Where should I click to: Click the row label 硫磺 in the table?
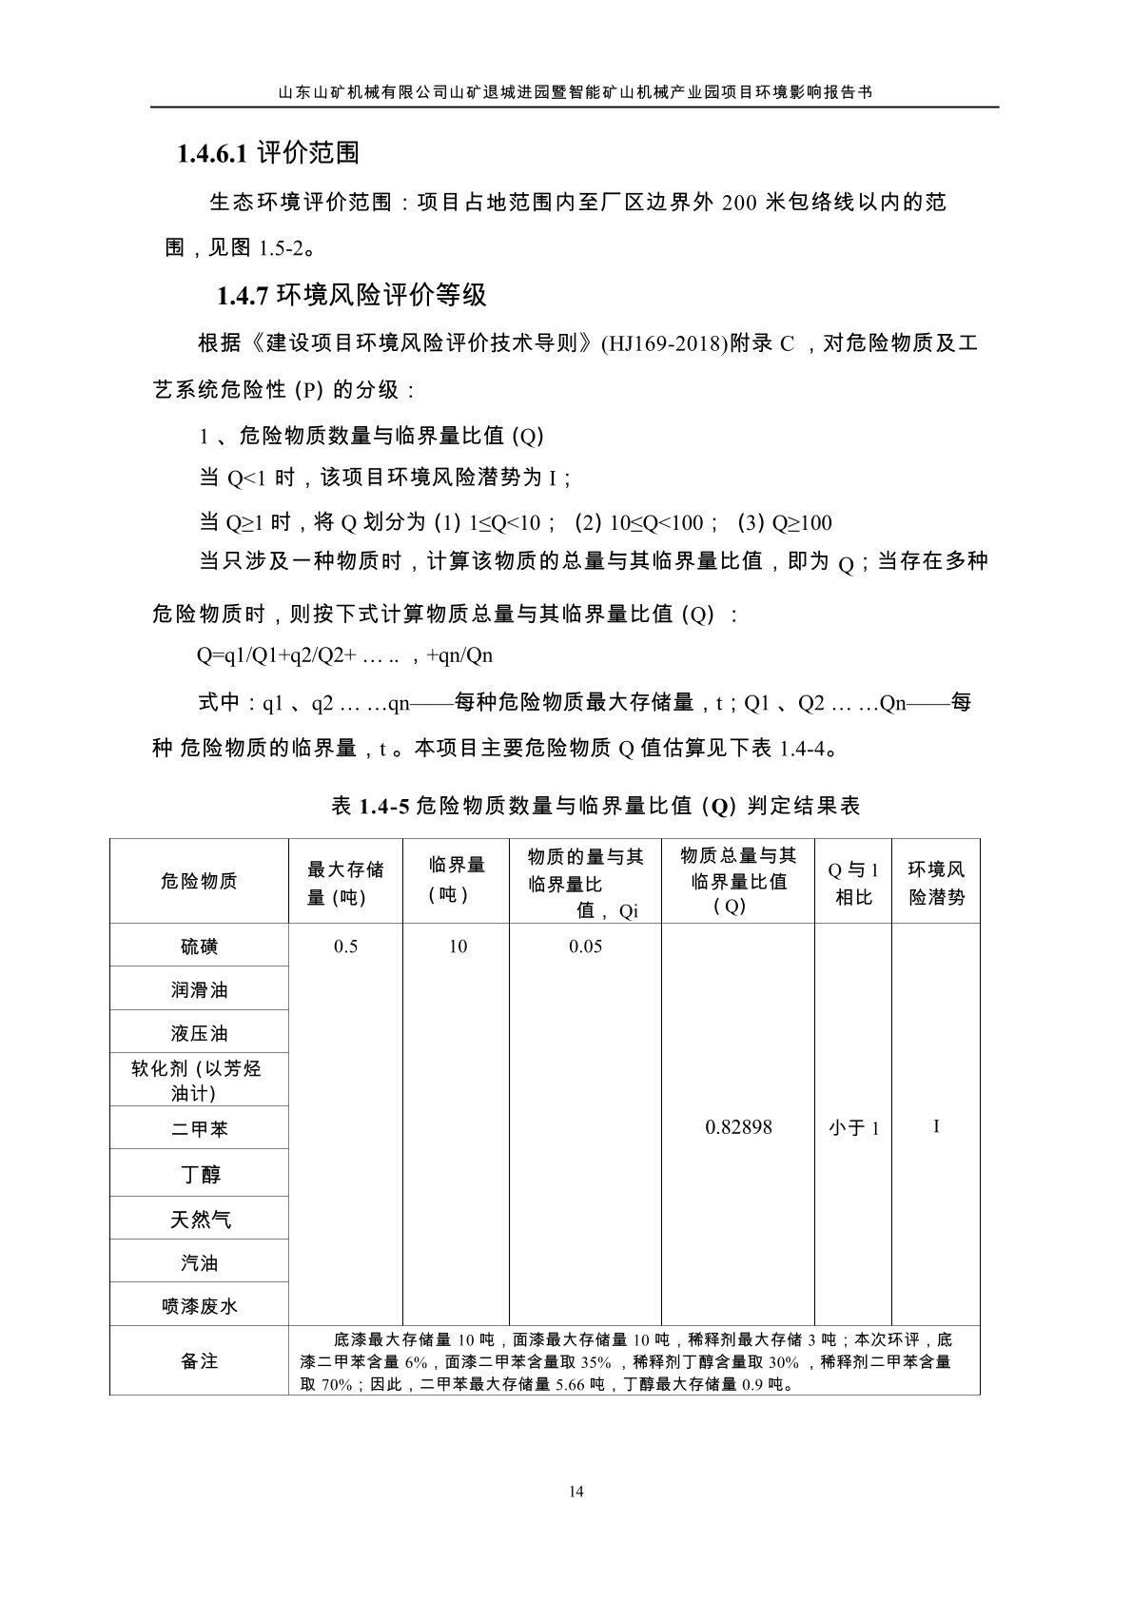tap(199, 947)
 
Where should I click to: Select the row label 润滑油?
tap(199, 990)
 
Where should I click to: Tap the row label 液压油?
tap(199, 1033)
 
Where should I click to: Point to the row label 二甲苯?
tap(199, 1129)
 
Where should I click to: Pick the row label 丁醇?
tap(201, 1175)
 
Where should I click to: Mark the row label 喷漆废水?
tap(199, 1306)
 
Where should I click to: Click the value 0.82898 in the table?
tap(738, 1127)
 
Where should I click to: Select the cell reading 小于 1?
tap(853, 1128)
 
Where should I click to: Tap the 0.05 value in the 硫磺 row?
tap(586, 947)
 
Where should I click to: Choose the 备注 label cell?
tap(199, 1361)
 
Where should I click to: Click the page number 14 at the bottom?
tap(576, 1492)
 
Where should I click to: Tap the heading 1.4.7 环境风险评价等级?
tap(352, 296)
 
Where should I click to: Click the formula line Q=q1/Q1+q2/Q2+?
tap(344, 655)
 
